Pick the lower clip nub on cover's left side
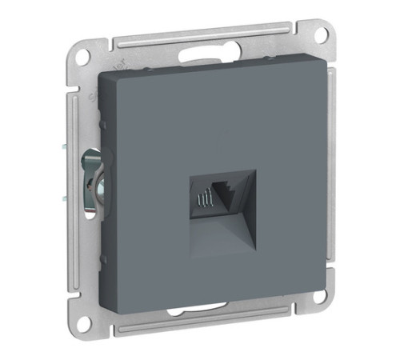[x=103, y=260]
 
